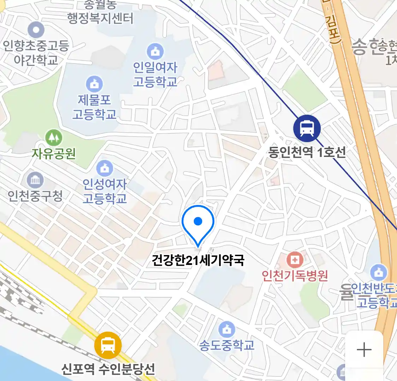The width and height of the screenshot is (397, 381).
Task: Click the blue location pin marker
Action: (198, 222)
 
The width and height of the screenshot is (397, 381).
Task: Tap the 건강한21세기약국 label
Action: (198, 260)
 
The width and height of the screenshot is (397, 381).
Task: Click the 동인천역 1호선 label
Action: (307, 152)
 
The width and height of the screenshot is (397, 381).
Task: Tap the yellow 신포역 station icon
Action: (108, 345)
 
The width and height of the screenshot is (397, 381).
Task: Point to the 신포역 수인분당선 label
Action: (108, 369)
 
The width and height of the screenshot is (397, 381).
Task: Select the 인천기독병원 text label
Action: (295, 275)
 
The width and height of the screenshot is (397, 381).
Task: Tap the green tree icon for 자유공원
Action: (54, 138)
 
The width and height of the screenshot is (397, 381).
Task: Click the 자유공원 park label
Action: (54, 153)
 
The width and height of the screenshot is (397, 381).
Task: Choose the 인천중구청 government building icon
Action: (35, 181)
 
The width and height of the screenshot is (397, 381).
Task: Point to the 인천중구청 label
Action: (35, 196)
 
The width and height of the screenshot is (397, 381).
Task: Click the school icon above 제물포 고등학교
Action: (94, 84)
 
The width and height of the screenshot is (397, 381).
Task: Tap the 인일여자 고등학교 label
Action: (155, 74)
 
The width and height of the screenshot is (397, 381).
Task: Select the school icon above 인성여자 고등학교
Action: (104, 168)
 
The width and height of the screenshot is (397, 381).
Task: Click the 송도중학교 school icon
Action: (227, 329)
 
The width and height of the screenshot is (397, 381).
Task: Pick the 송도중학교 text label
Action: (227, 345)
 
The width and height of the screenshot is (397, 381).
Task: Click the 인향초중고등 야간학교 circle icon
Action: (36, 30)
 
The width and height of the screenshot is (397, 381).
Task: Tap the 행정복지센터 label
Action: (101, 18)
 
